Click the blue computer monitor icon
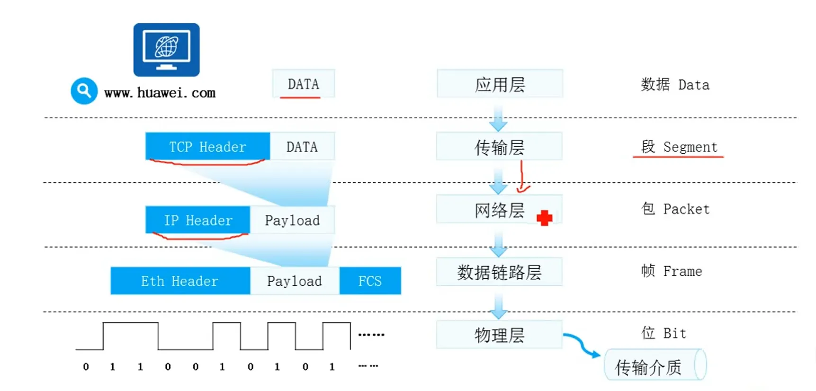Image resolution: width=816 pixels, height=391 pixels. click(x=166, y=50)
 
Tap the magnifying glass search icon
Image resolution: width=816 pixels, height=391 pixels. click(x=84, y=90)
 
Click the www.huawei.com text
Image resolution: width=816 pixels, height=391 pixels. click(x=160, y=92)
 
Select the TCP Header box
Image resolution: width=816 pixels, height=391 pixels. click(x=207, y=147)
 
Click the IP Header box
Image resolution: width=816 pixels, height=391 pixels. click(x=197, y=220)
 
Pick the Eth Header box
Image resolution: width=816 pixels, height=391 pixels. click(x=180, y=281)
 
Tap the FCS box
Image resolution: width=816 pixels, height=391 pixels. click(x=370, y=281)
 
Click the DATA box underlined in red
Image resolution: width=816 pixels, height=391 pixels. click(x=303, y=84)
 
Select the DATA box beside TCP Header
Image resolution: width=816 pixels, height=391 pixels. click(x=302, y=147)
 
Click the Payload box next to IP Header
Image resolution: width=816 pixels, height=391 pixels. click(x=292, y=220)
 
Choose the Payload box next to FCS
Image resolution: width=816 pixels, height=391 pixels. click(x=295, y=281)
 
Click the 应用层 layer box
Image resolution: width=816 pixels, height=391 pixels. click(x=500, y=84)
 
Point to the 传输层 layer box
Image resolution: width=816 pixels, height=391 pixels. click(x=499, y=147)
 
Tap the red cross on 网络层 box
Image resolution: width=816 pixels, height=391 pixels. click(x=544, y=218)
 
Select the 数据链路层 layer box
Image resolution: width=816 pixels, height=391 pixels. click(x=499, y=272)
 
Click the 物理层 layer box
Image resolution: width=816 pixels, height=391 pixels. click(x=499, y=335)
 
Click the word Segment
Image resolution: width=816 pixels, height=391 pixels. click(x=690, y=147)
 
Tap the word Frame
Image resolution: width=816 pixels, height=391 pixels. click(x=682, y=271)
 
